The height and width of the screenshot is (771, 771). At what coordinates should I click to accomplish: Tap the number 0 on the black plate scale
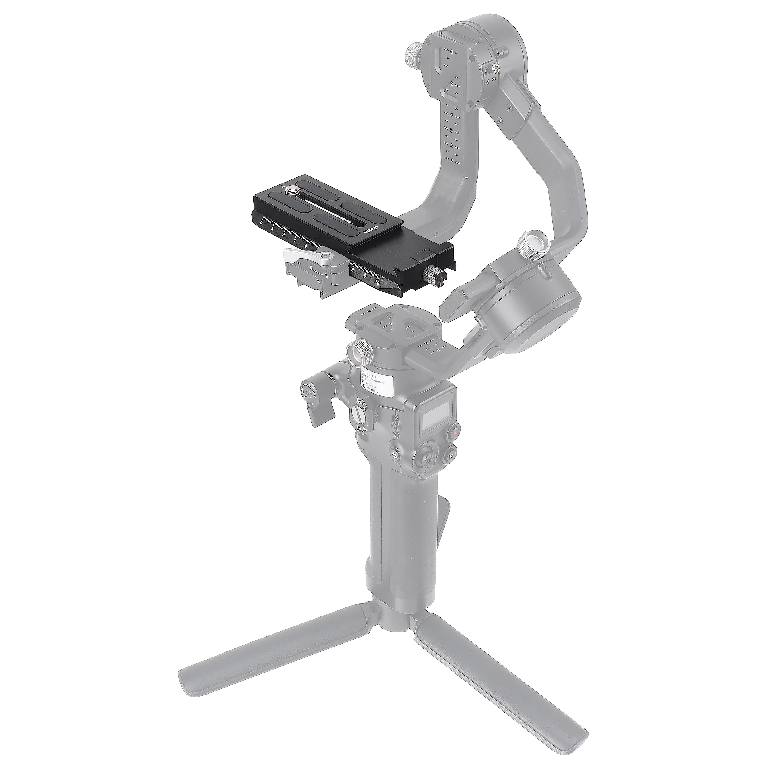pos(261,223)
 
